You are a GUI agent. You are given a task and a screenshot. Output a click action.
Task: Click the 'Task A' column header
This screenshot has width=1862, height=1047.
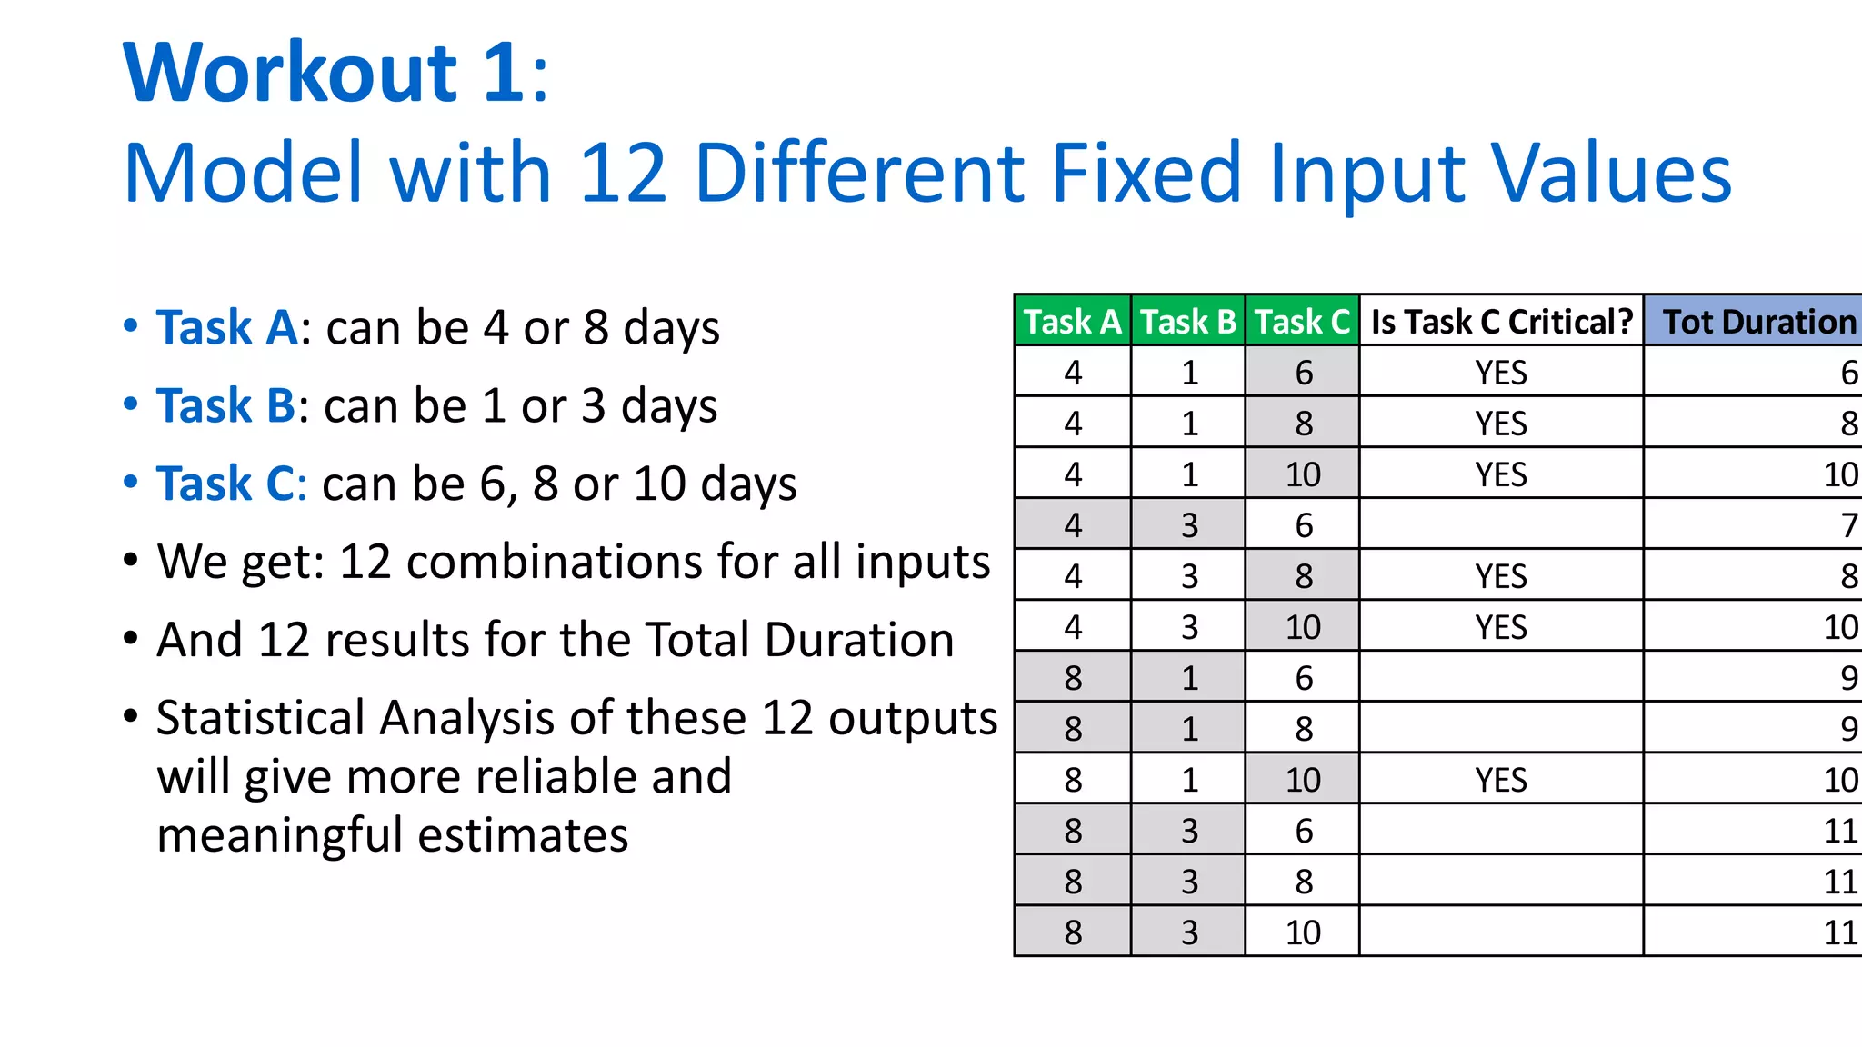[1073, 322]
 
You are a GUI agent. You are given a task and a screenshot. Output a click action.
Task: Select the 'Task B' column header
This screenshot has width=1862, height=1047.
[1188, 322]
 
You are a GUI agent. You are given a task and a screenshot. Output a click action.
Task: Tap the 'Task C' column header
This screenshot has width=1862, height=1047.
[1303, 322]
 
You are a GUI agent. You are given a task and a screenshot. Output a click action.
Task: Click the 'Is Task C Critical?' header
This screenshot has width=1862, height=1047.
[1502, 322]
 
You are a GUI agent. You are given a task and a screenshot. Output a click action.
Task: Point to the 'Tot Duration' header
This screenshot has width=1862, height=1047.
[1759, 322]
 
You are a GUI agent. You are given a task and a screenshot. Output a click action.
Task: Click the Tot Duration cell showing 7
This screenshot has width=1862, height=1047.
[1848, 525]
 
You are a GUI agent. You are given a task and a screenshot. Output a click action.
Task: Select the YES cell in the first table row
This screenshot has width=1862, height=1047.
[1501, 373]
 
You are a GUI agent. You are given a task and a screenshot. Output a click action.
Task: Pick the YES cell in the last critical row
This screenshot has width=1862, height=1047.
[1501, 780]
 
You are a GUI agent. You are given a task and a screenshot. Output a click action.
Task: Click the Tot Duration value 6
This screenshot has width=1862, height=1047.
[1848, 373]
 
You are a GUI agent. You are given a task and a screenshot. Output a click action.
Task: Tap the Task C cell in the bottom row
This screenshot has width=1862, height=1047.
[1303, 932]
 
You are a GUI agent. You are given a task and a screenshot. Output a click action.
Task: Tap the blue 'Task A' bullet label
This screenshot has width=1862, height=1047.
[227, 327]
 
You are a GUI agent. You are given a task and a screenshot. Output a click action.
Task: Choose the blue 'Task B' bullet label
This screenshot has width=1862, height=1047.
[226, 405]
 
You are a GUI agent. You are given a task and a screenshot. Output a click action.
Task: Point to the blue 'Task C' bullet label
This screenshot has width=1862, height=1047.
[226, 484]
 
